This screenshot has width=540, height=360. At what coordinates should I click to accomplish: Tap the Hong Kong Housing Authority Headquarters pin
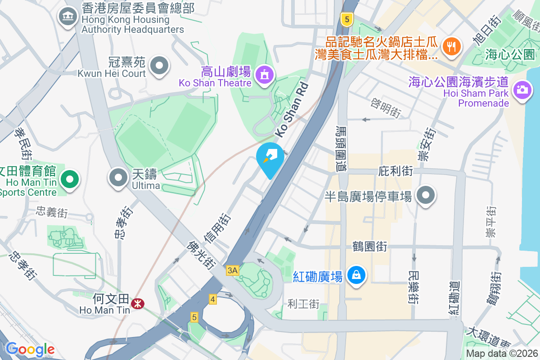coord(68,17)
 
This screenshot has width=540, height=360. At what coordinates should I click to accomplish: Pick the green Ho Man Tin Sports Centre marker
coord(69,180)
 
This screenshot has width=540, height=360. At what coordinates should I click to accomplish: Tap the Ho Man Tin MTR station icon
coord(137,305)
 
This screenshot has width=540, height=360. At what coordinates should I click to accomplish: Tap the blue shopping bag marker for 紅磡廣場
coord(356,274)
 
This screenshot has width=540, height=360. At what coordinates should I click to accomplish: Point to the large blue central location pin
coord(270,158)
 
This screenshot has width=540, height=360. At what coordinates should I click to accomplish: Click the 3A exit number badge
coord(232,270)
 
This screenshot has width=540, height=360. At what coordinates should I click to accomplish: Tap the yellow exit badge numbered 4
coord(213,299)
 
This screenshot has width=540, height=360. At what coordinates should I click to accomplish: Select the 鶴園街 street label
coord(370,247)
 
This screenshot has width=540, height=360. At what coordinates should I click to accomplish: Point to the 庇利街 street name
coord(396,171)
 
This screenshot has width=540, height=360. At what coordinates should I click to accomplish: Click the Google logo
coord(30,349)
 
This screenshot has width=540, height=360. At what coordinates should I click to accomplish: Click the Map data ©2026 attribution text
coord(501,353)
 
